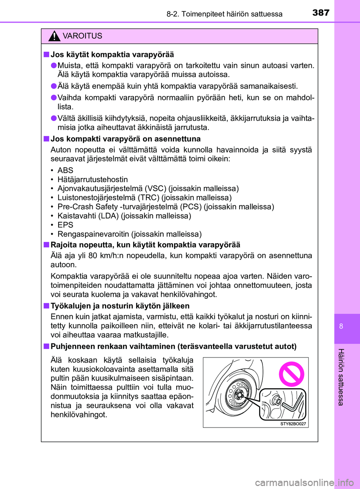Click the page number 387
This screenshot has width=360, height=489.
click(x=321, y=13)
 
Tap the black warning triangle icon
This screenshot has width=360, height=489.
click(x=54, y=36)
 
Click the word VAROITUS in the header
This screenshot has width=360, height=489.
click(x=82, y=36)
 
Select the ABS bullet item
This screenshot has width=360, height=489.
click(x=65, y=170)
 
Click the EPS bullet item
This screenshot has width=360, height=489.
click(x=65, y=225)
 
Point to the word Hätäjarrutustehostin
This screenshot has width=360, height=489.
click(x=93, y=179)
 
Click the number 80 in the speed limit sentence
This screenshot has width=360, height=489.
click(x=93, y=256)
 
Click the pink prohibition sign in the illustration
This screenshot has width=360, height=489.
click(x=291, y=374)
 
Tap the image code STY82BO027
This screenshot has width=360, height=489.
click(x=293, y=424)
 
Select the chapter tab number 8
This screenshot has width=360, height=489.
click(x=341, y=326)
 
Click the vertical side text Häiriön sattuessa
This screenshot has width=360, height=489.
click(x=341, y=377)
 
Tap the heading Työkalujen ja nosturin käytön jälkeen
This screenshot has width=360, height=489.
click(x=120, y=306)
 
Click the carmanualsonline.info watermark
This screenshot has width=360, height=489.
click(x=304, y=483)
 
